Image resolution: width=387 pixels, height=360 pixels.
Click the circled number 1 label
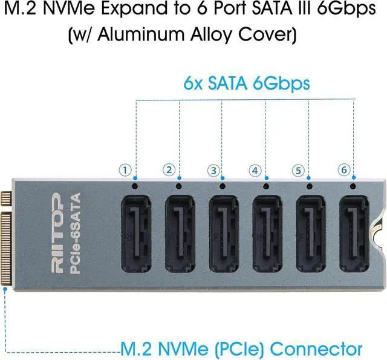point(125,171)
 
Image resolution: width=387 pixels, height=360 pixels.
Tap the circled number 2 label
point(169,171)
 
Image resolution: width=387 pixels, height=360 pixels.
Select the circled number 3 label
point(212,171)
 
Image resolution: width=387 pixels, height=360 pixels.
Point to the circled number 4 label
point(256,171)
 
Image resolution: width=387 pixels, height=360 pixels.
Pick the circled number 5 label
point(299,171)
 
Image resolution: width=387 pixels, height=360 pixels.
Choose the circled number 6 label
point(343,171)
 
